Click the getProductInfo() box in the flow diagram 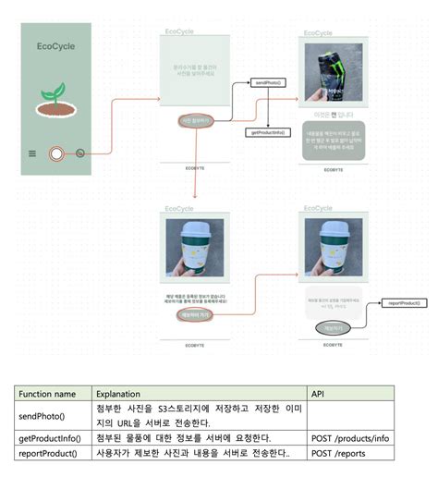(267, 133)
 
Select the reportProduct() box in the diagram (405, 302)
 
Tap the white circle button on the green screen (56, 153)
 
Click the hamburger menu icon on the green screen (32, 153)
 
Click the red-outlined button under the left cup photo (195, 315)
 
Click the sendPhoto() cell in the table (41, 415)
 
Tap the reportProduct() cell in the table (48, 453)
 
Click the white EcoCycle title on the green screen (55, 46)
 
